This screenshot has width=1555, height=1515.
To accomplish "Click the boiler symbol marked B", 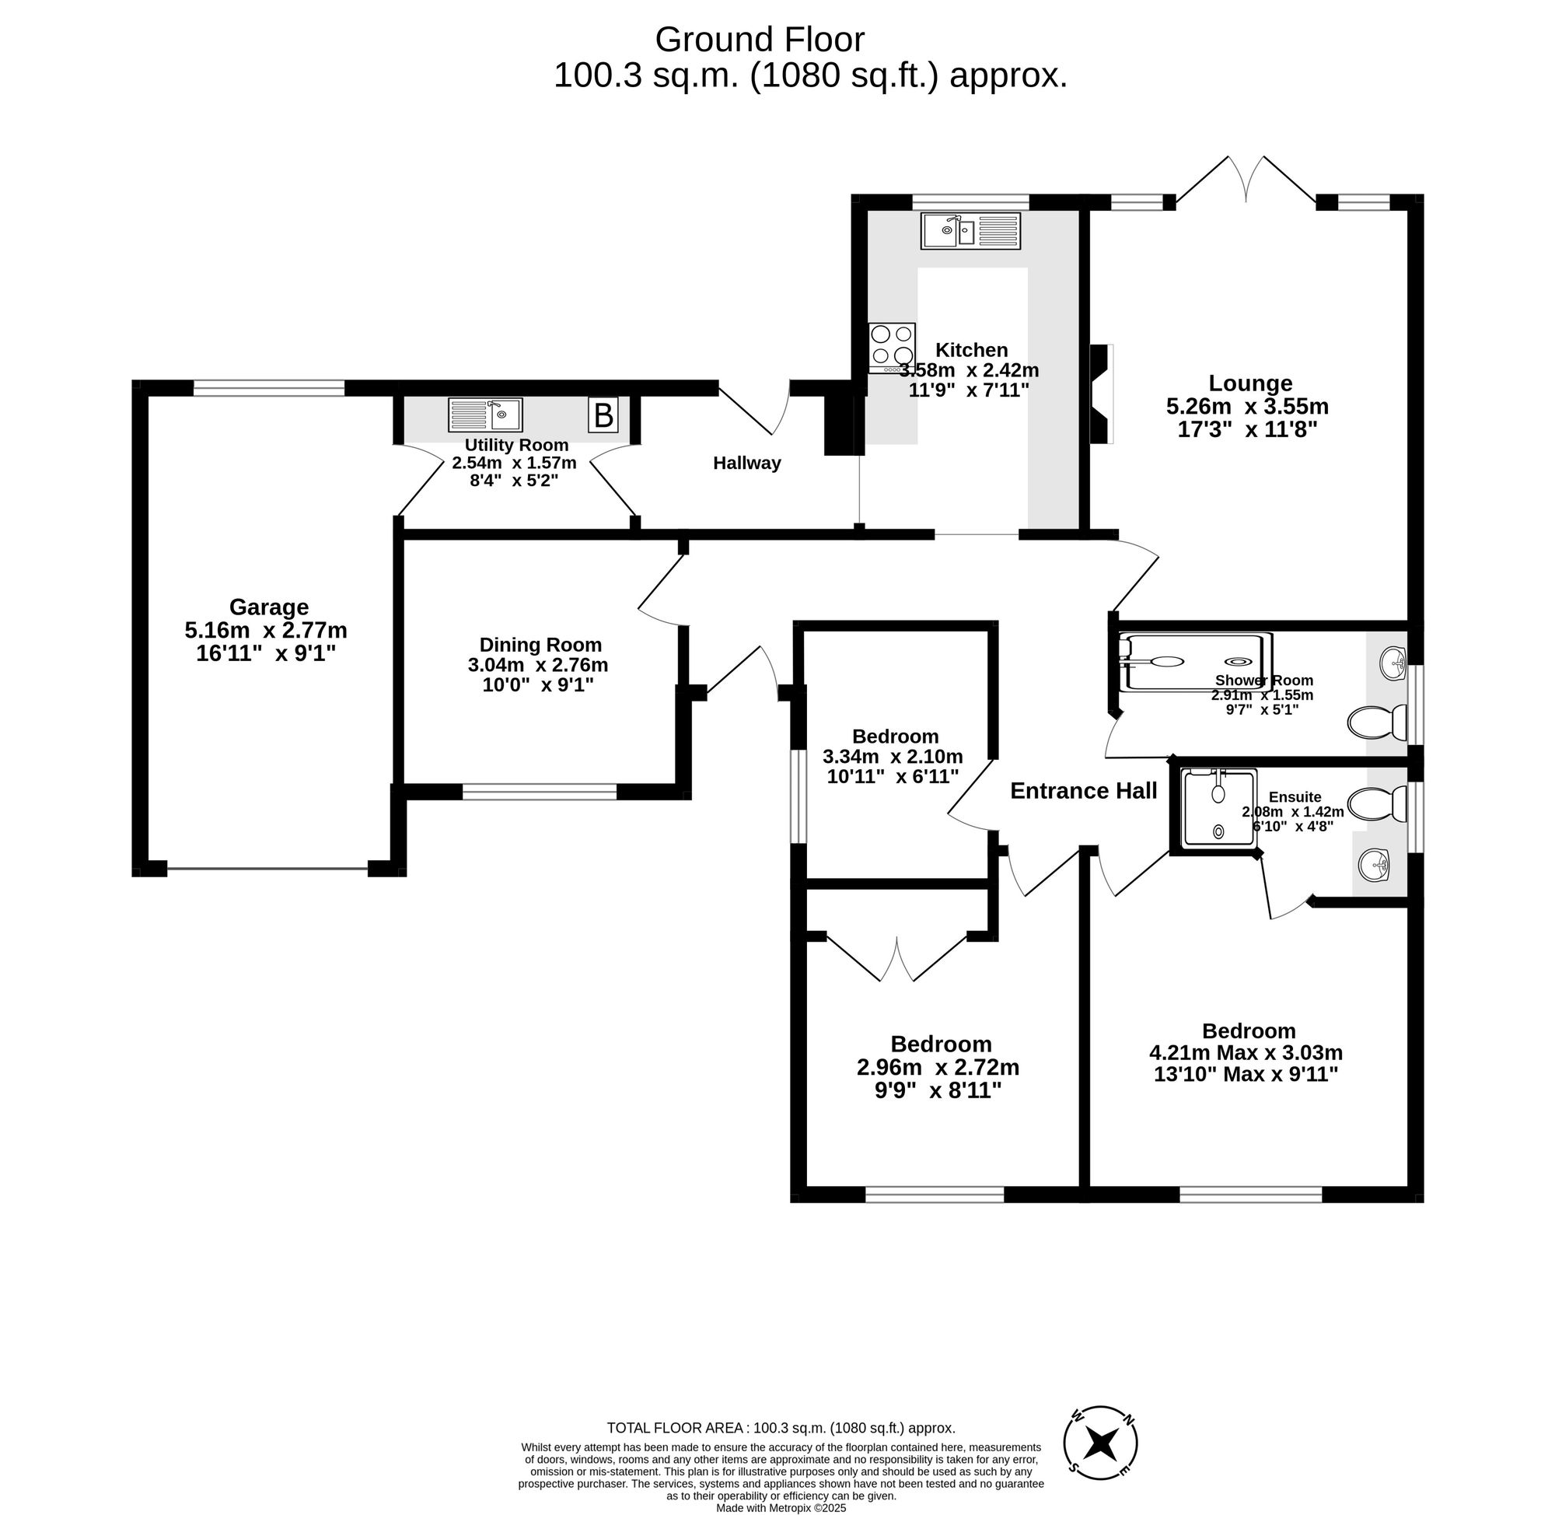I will (x=603, y=415).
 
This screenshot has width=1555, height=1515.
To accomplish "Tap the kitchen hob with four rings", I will (x=892, y=347).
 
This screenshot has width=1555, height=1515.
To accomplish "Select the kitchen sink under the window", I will (x=970, y=231).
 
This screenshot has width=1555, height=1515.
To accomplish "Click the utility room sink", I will (x=484, y=415).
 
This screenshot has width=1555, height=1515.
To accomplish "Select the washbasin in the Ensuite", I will (x=1374, y=864).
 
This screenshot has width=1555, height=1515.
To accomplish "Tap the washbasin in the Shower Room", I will (x=1393, y=663).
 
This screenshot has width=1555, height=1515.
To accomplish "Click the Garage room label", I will (x=268, y=607).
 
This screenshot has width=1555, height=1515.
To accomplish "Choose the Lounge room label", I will (x=1249, y=383).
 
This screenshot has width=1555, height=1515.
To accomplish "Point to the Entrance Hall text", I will (x=1083, y=790).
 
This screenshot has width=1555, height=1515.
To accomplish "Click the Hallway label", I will (x=746, y=462).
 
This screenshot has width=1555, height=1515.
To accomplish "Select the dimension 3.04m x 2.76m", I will (x=538, y=664).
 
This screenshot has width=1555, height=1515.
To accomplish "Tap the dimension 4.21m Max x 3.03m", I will (x=1246, y=1053).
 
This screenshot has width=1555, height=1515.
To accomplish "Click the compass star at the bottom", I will (x=1101, y=1442).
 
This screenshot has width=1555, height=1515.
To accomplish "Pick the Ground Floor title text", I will (x=759, y=39).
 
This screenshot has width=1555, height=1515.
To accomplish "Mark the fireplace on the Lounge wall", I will (x=1100, y=393).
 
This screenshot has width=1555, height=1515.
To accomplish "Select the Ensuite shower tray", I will (x=1220, y=806).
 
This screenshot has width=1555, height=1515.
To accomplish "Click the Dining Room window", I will (x=540, y=791).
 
